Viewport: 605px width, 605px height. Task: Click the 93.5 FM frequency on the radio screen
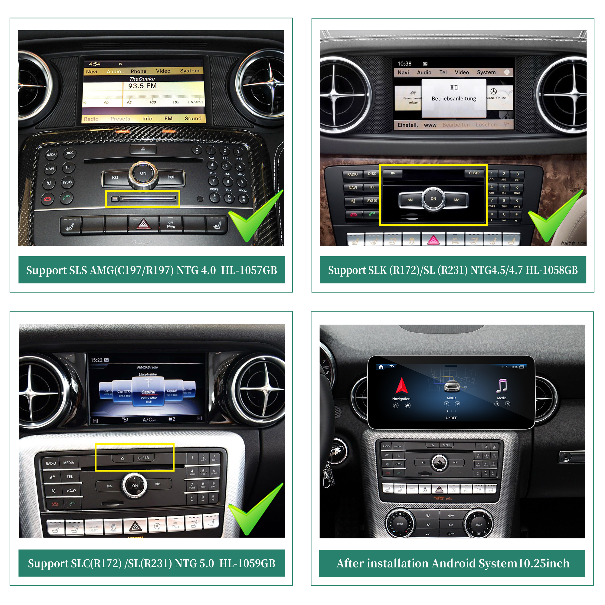pyautogui.click(x=142, y=86)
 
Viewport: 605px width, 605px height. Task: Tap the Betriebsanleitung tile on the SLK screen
pyautogui.click(x=454, y=98)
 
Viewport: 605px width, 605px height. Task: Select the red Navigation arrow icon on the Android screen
pyautogui.click(x=401, y=386)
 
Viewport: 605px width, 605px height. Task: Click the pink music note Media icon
pyautogui.click(x=502, y=386)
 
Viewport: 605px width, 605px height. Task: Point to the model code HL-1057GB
pyautogui.click(x=249, y=270)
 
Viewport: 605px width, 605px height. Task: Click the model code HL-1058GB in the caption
pyautogui.click(x=551, y=270)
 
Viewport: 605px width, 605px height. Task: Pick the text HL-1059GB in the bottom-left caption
pyautogui.click(x=247, y=563)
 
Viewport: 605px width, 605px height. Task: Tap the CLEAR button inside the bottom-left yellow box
pyautogui.click(x=143, y=458)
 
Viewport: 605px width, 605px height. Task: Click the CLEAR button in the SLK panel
pyautogui.click(x=474, y=173)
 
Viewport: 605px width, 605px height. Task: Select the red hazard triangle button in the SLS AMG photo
pyautogui.click(x=143, y=224)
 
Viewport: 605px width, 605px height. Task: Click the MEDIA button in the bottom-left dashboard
pyautogui.click(x=69, y=463)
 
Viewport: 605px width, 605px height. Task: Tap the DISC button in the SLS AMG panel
pyautogui.click(x=70, y=153)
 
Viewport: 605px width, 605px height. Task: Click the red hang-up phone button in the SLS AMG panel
pyautogui.click(x=47, y=199)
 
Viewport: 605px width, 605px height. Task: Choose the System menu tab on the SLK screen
pyautogui.click(x=486, y=72)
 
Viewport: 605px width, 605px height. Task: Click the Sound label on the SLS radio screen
pyautogui.click(x=193, y=118)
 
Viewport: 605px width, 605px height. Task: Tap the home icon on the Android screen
pyautogui.click(x=381, y=367)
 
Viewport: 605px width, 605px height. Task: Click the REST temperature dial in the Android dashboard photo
pyautogui.click(x=400, y=524)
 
